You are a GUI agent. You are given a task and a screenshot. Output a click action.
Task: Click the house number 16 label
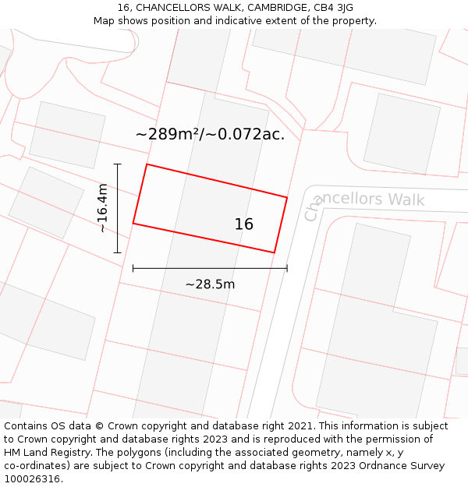(243, 224)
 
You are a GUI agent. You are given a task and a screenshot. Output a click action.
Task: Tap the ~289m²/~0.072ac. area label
(210, 134)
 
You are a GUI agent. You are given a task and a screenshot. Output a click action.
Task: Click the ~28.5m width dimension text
(210, 284)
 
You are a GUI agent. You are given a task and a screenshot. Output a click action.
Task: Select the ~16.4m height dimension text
(102, 208)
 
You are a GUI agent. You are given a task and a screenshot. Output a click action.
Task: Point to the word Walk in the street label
(406, 199)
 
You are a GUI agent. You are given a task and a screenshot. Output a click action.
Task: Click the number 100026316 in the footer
(34, 479)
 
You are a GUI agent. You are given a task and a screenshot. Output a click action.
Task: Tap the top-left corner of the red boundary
(147, 164)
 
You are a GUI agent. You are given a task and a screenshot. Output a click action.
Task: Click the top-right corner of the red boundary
(287, 197)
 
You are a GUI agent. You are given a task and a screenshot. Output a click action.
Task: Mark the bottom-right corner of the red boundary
(274, 252)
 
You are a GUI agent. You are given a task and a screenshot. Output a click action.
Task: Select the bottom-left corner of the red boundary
(133, 224)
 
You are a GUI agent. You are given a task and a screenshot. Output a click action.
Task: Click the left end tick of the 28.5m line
(133, 268)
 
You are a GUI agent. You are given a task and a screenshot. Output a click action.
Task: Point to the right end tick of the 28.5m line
(287, 268)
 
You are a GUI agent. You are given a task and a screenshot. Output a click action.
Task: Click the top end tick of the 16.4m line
(118, 164)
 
